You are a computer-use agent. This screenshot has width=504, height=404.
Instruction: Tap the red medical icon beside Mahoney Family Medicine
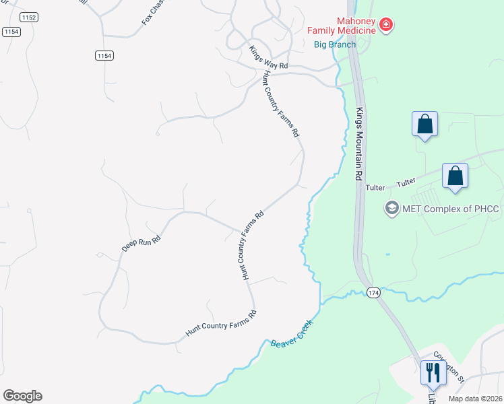point(386,26)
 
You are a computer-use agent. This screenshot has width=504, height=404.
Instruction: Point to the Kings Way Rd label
point(268,57)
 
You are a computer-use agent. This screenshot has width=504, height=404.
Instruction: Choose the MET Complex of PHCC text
point(451,209)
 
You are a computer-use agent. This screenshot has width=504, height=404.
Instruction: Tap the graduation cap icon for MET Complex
point(391,209)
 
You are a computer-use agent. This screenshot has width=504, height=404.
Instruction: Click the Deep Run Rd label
point(141,243)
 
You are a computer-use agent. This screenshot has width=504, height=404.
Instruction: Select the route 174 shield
point(374,292)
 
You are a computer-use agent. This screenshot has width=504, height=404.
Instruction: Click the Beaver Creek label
point(293,333)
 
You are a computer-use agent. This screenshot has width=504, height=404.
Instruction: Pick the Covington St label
point(449,366)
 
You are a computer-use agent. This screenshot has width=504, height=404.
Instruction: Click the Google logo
point(22,396)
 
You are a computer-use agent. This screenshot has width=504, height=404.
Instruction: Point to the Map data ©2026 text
point(474,399)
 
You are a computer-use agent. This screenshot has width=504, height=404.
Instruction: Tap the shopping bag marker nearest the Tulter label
point(455,176)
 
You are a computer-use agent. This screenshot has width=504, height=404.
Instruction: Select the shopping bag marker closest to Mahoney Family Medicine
point(424,124)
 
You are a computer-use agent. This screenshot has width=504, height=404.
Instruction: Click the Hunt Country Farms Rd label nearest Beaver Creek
point(221,323)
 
